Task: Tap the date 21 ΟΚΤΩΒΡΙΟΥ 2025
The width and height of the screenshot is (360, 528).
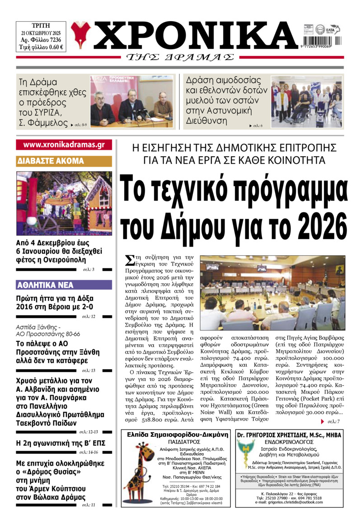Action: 42,33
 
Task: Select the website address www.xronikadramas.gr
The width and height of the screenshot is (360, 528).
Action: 64,145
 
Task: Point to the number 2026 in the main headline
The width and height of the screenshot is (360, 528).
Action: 316,224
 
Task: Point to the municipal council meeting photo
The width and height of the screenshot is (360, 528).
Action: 272,292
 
